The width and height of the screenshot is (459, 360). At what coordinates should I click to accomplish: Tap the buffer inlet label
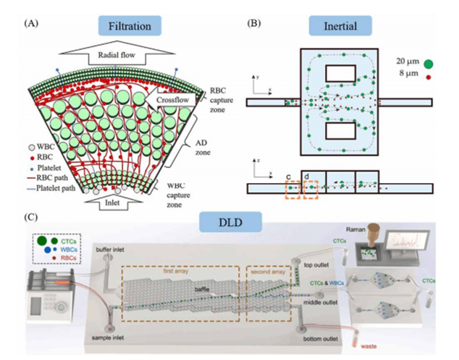coord(108,248)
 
